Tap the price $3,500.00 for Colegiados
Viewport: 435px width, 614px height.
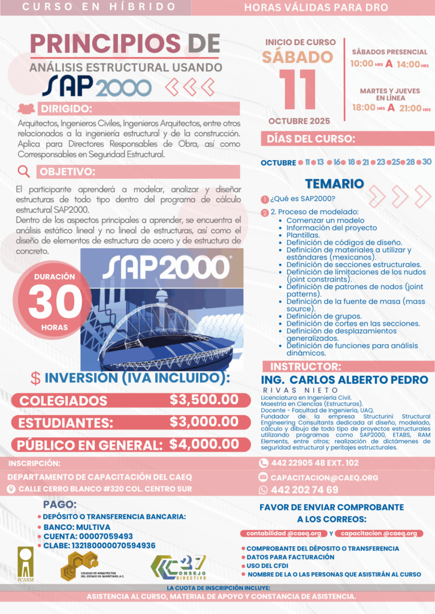click(x=204, y=399)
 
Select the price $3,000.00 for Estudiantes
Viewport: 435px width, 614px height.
click(x=204, y=422)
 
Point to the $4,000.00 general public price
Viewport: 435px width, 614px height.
click(x=204, y=444)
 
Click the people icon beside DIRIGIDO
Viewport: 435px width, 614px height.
click(x=26, y=109)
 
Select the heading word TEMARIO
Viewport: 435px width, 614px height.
click(x=334, y=183)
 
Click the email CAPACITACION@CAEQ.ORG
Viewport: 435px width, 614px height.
click(x=324, y=477)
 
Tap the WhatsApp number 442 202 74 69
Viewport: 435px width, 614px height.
click(x=304, y=490)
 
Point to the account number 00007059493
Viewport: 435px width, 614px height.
click(x=104, y=536)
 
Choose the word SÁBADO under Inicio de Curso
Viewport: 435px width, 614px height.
click(x=297, y=57)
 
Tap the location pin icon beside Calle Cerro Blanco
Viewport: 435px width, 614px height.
click(x=10, y=489)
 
